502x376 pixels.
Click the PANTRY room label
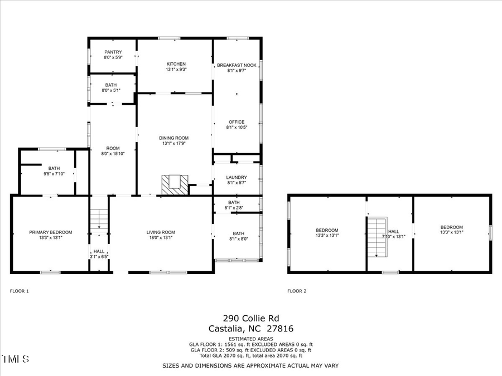click(113, 52)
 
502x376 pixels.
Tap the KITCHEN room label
click(176, 64)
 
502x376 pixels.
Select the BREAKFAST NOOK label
click(236, 65)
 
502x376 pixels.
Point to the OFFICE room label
click(236, 122)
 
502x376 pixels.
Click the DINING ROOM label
click(174, 138)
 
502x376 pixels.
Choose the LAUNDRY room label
click(236, 178)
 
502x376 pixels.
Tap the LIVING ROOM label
click(161, 232)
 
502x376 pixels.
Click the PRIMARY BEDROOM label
click(51, 232)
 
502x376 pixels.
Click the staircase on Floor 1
click(98, 219)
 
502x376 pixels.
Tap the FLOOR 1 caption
click(20, 291)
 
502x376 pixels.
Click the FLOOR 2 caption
click(297, 291)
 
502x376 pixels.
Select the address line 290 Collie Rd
click(250, 319)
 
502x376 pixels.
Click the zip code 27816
click(282, 329)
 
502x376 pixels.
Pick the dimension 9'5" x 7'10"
click(54, 173)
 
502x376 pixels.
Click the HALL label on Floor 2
click(394, 231)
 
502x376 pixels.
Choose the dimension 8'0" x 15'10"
click(113, 154)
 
